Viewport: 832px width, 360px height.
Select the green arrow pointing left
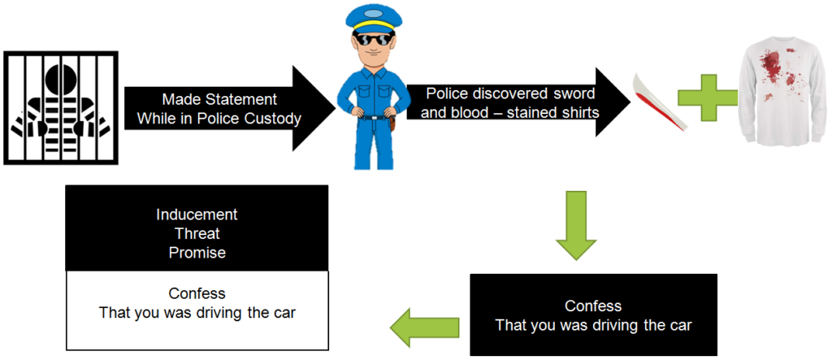coord(422,327)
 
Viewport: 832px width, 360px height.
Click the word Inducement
coord(197,215)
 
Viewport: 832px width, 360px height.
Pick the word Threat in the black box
coord(197,234)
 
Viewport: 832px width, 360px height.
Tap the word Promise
coord(197,253)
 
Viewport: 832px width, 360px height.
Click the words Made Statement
coord(219,99)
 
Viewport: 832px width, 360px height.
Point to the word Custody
coord(274,119)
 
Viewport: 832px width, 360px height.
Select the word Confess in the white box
coord(197,293)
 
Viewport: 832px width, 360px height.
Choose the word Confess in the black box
coord(593,306)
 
